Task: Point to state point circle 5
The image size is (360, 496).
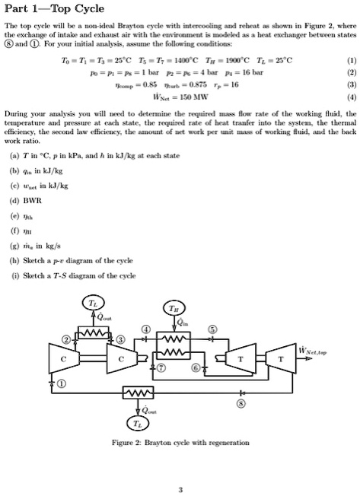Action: [212, 329]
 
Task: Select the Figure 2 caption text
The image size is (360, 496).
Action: [180, 442]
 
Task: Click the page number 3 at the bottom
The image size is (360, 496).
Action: [180, 489]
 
